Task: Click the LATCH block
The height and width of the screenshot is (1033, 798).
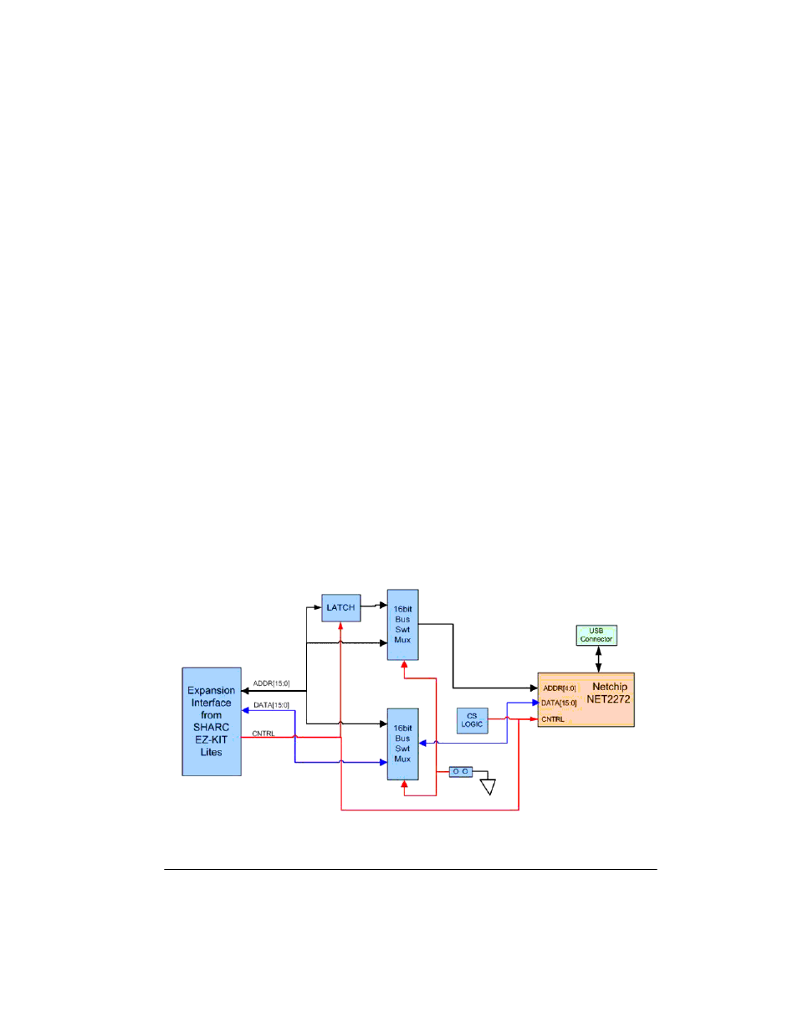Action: (340, 607)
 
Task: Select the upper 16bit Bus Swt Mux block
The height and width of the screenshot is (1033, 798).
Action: (402, 625)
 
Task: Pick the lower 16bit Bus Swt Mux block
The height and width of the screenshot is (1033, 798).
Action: (402, 744)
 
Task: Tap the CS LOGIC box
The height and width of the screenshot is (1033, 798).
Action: (472, 721)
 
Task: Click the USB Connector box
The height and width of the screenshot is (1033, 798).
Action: (596, 635)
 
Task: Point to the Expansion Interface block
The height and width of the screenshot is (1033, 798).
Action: (212, 722)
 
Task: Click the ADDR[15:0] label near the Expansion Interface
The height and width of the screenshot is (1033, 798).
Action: (271, 683)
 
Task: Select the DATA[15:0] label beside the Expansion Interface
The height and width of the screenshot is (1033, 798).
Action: (271, 705)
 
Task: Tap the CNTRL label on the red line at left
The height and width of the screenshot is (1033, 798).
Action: (263, 734)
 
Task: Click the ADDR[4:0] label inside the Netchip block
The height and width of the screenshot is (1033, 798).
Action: (560, 688)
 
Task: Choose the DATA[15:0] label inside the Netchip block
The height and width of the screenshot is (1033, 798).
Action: (559, 703)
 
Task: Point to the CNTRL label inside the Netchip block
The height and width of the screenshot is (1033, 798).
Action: (553, 719)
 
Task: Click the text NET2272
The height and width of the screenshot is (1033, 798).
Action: (608, 699)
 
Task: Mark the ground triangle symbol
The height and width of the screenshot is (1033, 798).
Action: (489, 787)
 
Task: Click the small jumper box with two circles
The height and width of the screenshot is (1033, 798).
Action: (461, 771)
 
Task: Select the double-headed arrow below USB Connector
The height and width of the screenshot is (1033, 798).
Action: (598, 659)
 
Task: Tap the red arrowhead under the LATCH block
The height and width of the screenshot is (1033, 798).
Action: (340, 626)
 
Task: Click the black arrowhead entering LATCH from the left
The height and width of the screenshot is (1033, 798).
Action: (318, 607)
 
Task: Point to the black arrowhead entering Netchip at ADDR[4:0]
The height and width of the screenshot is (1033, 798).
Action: (534, 688)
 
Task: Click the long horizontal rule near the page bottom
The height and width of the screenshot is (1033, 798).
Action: (411, 869)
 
